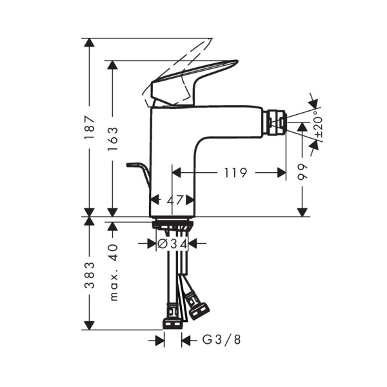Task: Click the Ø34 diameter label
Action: [x=172, y=244]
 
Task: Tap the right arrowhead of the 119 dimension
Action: [x=281, y=173]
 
